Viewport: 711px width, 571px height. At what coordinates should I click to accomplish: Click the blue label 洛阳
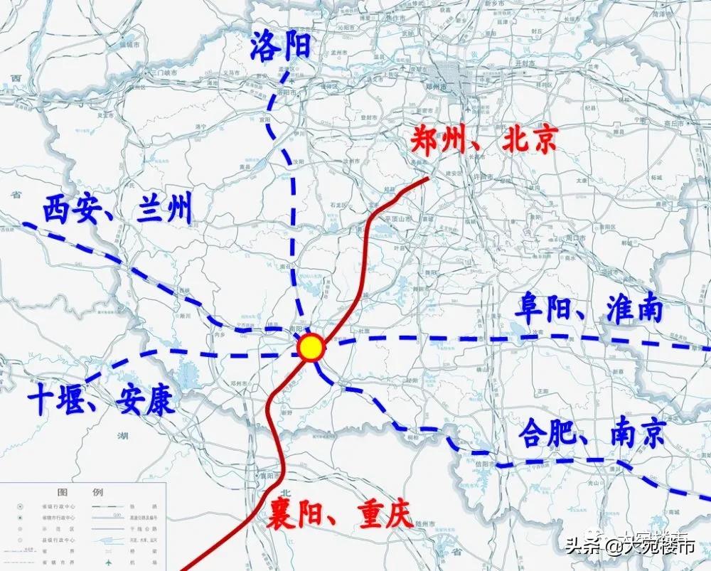tap(280, 48)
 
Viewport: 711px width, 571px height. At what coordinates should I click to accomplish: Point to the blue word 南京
tap(637, 432)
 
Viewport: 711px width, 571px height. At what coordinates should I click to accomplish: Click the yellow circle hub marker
tap(311, 348)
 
